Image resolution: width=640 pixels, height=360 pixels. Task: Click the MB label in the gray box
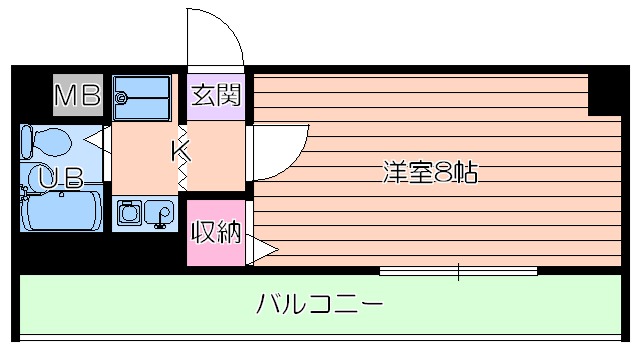coord(77,96)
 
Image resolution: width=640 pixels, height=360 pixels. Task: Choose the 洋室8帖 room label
coord(430,172)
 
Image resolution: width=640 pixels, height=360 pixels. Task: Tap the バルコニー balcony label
coord(318,302)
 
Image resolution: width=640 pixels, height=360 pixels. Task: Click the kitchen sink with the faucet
coord(159,213)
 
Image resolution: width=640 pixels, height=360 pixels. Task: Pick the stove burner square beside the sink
coord(128,213)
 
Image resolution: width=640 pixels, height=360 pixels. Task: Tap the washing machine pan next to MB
coord(142,96)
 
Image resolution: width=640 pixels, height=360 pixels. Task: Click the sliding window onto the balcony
coord(458,270)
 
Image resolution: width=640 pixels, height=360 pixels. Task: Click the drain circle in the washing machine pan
coord(123,98)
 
